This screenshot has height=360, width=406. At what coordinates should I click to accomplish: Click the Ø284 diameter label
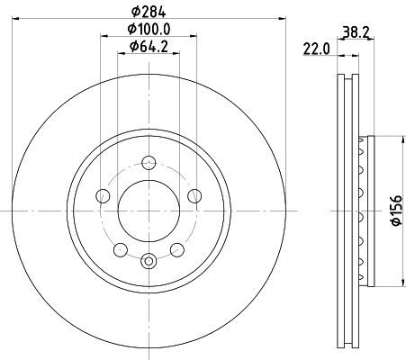coord(149,12)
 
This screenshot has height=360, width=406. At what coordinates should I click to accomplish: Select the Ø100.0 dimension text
coord(149,29)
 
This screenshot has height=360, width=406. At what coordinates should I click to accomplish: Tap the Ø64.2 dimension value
coord(149,47)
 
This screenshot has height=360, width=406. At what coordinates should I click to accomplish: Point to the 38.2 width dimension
coord(356,32)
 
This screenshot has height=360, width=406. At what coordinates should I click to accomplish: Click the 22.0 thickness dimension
coord(316,49)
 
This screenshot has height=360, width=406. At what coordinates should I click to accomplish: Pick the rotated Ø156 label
coord(396,211)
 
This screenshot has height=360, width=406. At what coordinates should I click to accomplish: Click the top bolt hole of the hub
coord(149,163)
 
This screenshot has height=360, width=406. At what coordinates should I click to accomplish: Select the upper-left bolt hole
coord(103,196)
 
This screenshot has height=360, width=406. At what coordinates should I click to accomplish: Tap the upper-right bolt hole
coord(194,196)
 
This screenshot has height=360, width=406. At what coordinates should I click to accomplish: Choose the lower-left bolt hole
coord(121,250)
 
